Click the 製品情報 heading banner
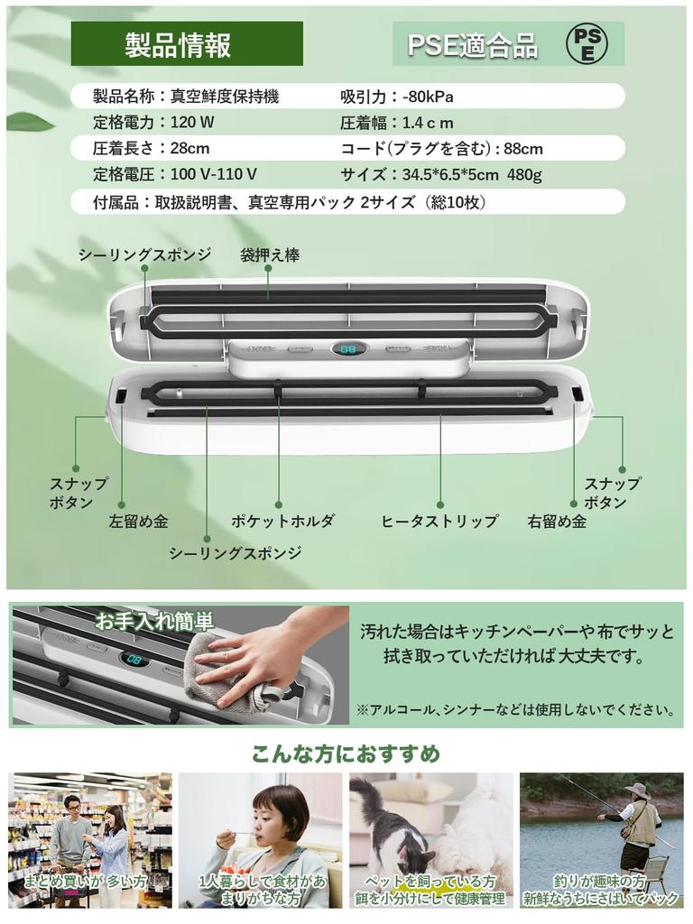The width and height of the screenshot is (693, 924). click(186, 44)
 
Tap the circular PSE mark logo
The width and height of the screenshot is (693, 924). click(586, 43)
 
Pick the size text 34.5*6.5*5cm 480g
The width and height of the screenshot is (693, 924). click(470, 174)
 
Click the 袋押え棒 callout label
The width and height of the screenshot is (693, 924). click(269, 255)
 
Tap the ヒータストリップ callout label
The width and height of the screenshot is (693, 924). click(439, 521)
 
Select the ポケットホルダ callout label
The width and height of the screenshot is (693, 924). click(282, 521)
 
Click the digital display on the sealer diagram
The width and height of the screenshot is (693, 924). click(346, 348)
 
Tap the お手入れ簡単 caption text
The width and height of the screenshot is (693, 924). click(154, 621)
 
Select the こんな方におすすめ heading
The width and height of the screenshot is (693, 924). click(346, 753)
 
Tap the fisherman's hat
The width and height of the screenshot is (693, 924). click(635, 790)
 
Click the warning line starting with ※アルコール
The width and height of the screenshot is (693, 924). click(514, 710)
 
